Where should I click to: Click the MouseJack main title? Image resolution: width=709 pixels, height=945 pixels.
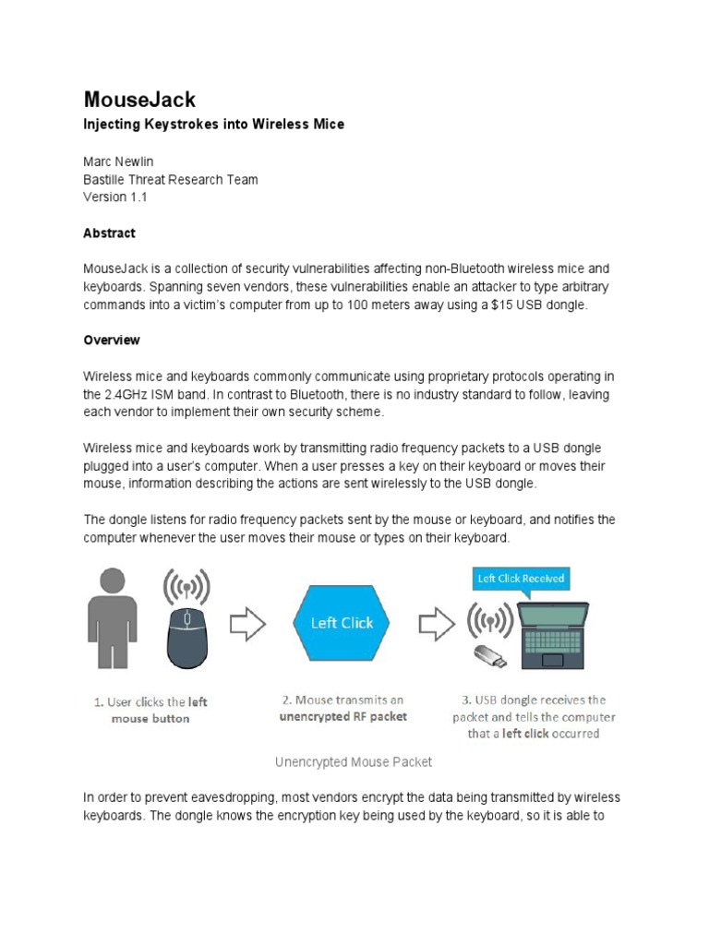click(x=139, y=100)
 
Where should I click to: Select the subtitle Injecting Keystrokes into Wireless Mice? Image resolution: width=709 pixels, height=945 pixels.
click(x=213, y=125)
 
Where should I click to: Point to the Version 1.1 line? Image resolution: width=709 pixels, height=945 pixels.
click(x=115, y=197)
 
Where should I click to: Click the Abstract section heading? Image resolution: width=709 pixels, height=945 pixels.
click(x=109, y=233)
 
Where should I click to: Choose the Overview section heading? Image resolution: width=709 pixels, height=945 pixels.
click(x=112, y=341)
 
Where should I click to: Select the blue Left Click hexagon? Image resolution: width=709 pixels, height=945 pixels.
click(x=342, y=624)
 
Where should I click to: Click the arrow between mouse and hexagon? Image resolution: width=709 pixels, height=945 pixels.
click(x=247, y=624)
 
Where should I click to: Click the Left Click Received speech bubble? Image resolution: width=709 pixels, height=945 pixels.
click(x=520, y=579)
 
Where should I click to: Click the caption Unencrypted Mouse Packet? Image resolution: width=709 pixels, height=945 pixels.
click(x=353, y=762)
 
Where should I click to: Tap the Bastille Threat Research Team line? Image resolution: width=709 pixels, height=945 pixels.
click(x=171, y=180)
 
